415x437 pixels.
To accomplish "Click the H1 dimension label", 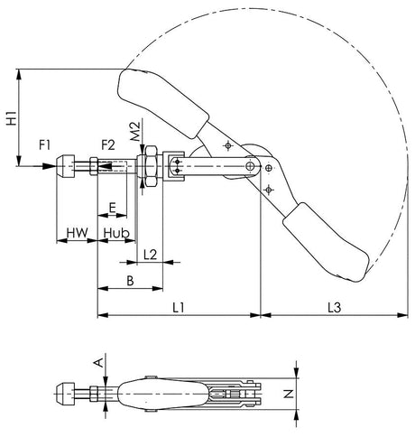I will [10, 116].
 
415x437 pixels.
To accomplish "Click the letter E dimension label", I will [111, 207].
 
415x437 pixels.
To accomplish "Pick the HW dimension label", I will [77, 233].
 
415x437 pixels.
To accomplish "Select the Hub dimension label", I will [115, 233].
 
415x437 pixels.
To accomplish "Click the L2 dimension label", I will [151, 256].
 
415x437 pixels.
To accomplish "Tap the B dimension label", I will [131, 281].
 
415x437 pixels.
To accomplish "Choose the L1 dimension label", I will [178, 308].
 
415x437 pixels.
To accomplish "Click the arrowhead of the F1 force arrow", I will [51, 165].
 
